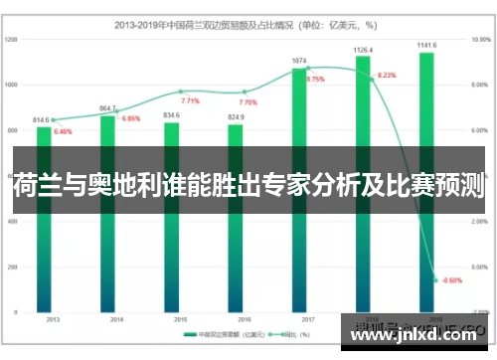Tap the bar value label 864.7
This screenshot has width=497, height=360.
[x=108, y=107]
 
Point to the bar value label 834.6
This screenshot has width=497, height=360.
[x=171, y=114]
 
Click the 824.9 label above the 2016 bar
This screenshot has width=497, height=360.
[x=236, y=116]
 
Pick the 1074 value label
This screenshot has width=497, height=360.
[x=299, y=61]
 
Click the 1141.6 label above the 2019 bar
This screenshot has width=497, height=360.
[x=426, y=45]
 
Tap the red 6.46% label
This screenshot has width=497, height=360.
[x=63, y=131]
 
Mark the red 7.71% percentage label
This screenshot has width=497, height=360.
[x=190, y=101]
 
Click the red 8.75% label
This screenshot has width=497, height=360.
[x=316, y=79]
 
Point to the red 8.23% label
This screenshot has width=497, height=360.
[x=387, y=76]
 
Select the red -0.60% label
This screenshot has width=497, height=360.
[x=452, y=279]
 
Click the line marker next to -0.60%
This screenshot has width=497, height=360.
[x=435, y=279]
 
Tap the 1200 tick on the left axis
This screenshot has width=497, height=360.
[x=12, y=39]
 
